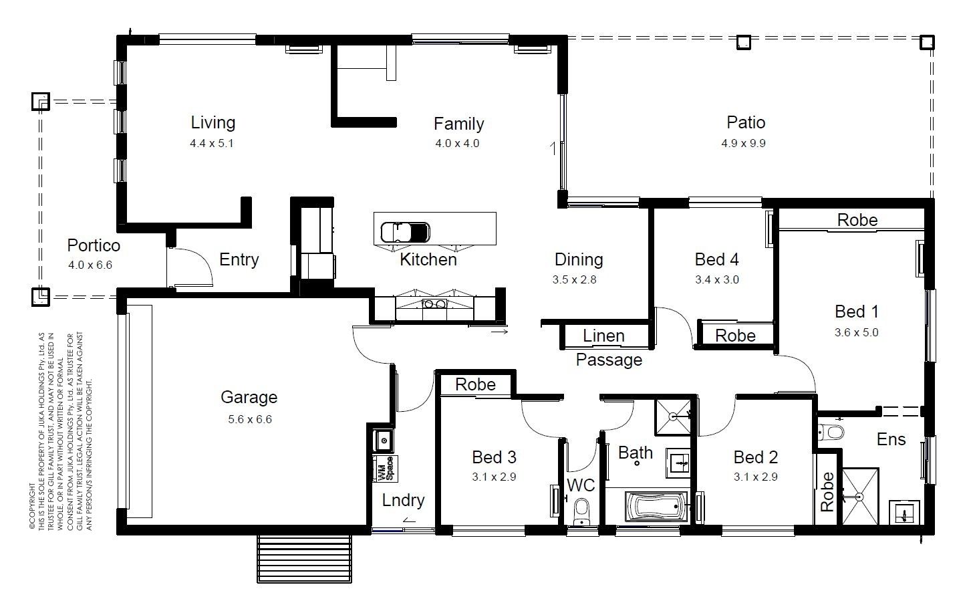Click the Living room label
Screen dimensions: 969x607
(x=213, y=123)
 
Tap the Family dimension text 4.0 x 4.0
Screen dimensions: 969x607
(x=457, y=144)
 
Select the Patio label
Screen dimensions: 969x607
(x=746, y=122)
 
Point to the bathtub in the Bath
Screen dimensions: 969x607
(x=656, y=506)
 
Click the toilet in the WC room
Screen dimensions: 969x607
(x=582, y=512)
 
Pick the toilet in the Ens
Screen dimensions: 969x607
(x=831, y=433)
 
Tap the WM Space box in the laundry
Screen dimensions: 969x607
(x=384, y=469)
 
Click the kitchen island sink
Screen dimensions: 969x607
(x=405, y=233)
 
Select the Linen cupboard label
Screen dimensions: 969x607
(x=603, y=336)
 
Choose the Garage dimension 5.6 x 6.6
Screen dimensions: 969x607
(x=250, y=419)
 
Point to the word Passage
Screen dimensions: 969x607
(x=609, y=360)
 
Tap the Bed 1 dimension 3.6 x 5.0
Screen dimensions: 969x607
(x=857, y=333)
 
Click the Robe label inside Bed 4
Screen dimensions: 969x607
(x=735, y=336)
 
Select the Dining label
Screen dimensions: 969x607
(x=579, y=259)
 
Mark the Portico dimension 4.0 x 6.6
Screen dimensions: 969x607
(x=90, y=265)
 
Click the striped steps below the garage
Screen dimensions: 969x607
(x=305, y=559)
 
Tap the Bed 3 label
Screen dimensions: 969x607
(x=494, y=457)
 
